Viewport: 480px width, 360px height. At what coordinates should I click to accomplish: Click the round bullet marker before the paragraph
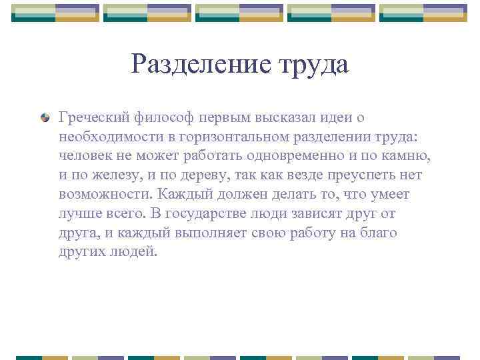coord(45,118)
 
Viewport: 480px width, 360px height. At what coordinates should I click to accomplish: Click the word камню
coord(407,156)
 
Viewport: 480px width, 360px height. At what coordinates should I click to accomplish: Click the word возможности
coord(105,195)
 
